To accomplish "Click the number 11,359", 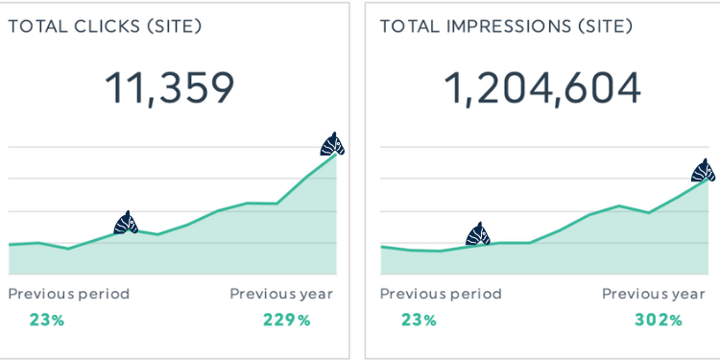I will [168, 88].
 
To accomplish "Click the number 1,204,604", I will [541, 88].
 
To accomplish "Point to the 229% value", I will [286, 320].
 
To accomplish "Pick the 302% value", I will [659, 320].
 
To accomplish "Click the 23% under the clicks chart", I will [46, 320].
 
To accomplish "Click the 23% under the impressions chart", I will [419, 320].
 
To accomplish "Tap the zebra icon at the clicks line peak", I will [332, 144].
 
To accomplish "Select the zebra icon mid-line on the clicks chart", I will [126, 223].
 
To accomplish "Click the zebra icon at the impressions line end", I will [704, 171].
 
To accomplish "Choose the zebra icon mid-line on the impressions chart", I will [477, 233].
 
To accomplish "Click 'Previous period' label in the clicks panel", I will [68, 294].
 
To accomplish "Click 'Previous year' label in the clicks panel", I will [281, 294].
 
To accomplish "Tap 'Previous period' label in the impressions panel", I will [441, 294].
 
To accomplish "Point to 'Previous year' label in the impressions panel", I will [654, 294].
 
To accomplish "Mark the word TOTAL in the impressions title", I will [407, 25].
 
